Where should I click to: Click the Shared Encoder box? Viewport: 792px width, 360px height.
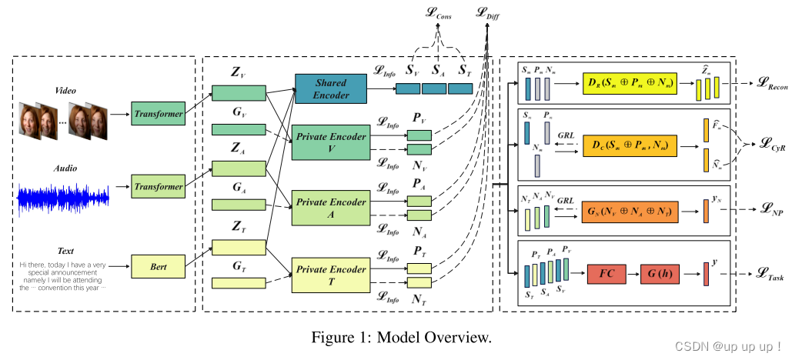pos(329,88)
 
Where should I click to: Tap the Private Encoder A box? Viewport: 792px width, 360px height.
pos(329,208)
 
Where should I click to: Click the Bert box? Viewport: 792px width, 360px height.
pos(159,267)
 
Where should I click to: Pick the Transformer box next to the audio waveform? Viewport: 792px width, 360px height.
pos(159,186)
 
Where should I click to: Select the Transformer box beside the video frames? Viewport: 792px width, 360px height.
pos(159,112)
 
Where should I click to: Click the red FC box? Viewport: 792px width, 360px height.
pos(606,273)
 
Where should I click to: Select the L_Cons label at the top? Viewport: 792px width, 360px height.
pos(439,14)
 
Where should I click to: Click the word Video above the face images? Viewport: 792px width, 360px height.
pos(66,90)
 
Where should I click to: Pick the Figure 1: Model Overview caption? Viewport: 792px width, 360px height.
pos(400,337)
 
